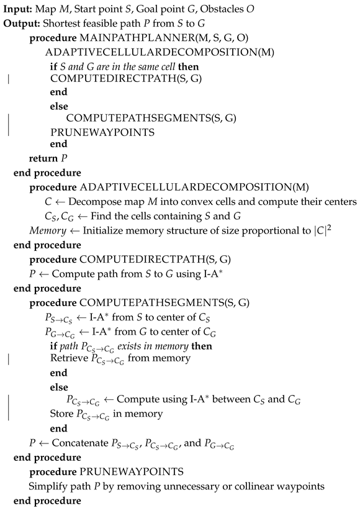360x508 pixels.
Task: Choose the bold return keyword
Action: click(42, 157)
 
